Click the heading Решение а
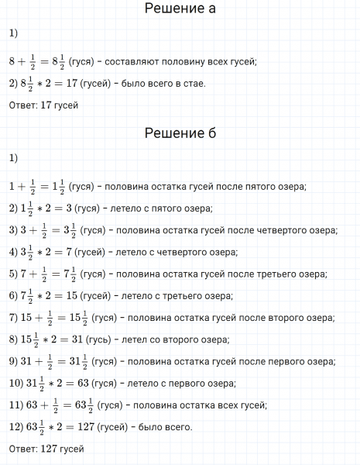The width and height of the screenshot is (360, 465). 180,9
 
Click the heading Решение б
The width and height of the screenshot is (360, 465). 180,133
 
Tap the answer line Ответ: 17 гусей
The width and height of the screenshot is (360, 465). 43,105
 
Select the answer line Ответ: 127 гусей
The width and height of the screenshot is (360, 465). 46,449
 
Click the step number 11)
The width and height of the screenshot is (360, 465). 15,405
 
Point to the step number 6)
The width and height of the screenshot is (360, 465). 12,295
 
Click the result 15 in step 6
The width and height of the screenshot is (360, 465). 79,295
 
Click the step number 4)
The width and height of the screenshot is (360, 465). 12,252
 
